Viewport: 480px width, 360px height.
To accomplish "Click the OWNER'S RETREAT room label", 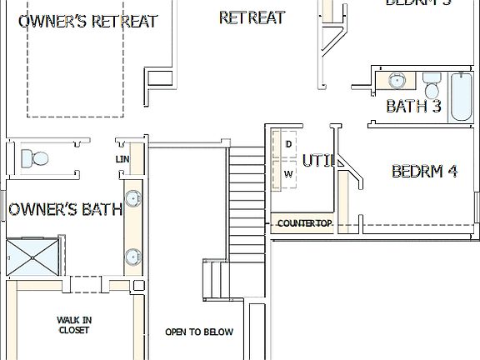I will [x=87, y=21].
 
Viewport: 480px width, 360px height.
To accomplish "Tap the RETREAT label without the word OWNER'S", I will [x=252, y=17].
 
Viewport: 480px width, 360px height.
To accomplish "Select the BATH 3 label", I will [x=413, y=107].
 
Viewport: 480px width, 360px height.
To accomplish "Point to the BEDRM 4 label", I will [x=424, y=172].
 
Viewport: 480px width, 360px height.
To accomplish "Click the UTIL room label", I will [x=317, y=160].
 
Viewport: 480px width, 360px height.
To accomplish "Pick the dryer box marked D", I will [x=288, y=143].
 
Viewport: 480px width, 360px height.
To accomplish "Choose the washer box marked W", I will [x=288, y=173].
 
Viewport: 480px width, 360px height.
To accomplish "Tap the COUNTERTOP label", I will [x=305, y=223].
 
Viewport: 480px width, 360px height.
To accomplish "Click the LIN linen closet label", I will [x=122, y=159].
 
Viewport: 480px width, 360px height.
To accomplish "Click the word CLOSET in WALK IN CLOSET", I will [x=73, y=330].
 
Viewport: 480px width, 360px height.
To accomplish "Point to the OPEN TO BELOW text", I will [x=198, y=332].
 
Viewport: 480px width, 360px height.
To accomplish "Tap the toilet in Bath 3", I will [x=431, y=86].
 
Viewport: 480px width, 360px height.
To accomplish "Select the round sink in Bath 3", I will [x=397, y=82].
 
